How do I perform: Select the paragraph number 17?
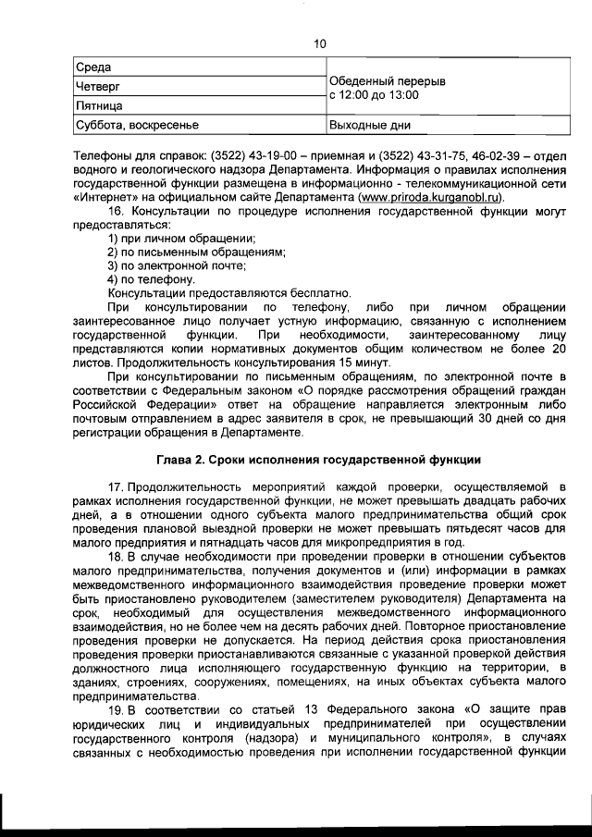click(x=116, y=486)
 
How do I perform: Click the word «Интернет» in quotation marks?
click(x=108, y=197)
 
